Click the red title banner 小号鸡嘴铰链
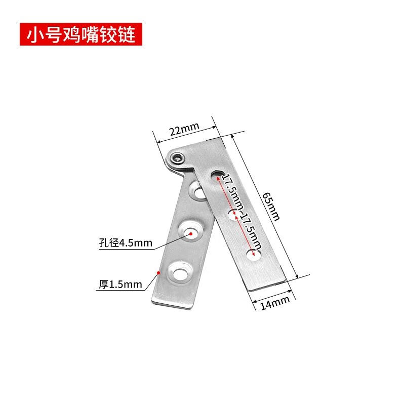pyautogui.click(x=81, y=34)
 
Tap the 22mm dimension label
pyautogui.click(x=184, y=129)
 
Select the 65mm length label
pyautogui.click(x=271, y=207)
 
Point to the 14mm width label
pyautogui.click(x=274, y=303)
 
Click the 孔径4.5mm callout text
pyautogui.click(x=126, y=243)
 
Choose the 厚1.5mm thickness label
pyautogui.click(x=120, y=285)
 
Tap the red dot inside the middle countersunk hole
pyautogui.click(x=191, y=234)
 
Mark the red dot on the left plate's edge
pyautogui.click(x=159, y=272)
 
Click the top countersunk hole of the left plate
pyautogui.click(x=197, y=191)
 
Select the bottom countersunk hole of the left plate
pyautogui.click(x=180, y=273)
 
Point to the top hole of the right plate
pyautogui.click(x=218, y=175)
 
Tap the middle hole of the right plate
pyautogui.click(x=234, y=215)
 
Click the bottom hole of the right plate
pyautogui.click(x=254, y=255)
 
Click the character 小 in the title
pyautogui.click(x=34, y=34)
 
